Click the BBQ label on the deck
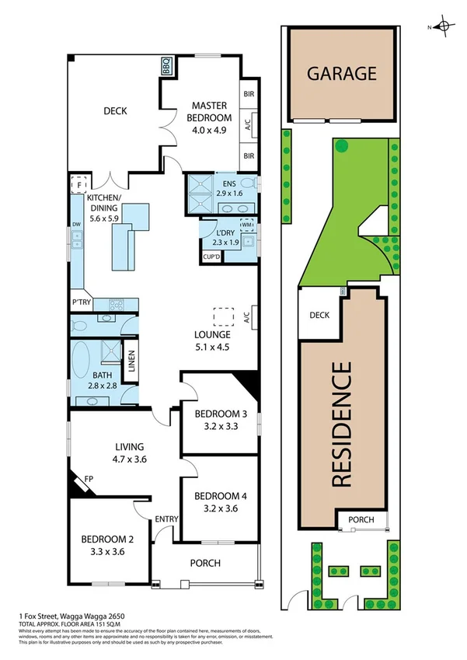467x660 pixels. (x=167, y=68)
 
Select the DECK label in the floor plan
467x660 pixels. (x=115, y=111)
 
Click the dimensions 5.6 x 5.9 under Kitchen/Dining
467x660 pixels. (x=103, y=219)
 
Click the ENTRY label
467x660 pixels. (x=166, y=519)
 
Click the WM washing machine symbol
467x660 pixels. (x=247, y=225)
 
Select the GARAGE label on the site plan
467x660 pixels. (x=341, y=74)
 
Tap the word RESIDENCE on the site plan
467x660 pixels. (x=342, y=424)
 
